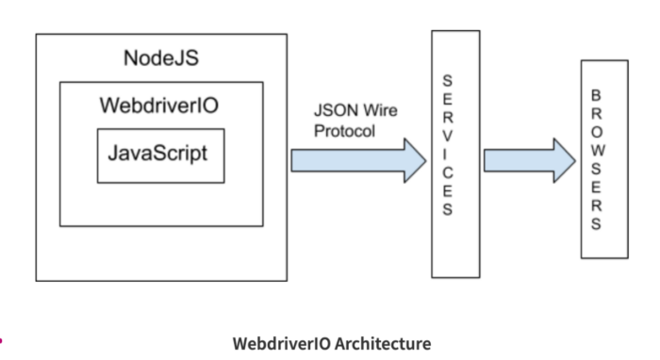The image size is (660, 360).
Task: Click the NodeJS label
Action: (160, 58)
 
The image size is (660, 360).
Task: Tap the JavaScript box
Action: (160, 154)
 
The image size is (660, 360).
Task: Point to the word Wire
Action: (379, 111)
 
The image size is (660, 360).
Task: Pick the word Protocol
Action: (344, 131)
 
